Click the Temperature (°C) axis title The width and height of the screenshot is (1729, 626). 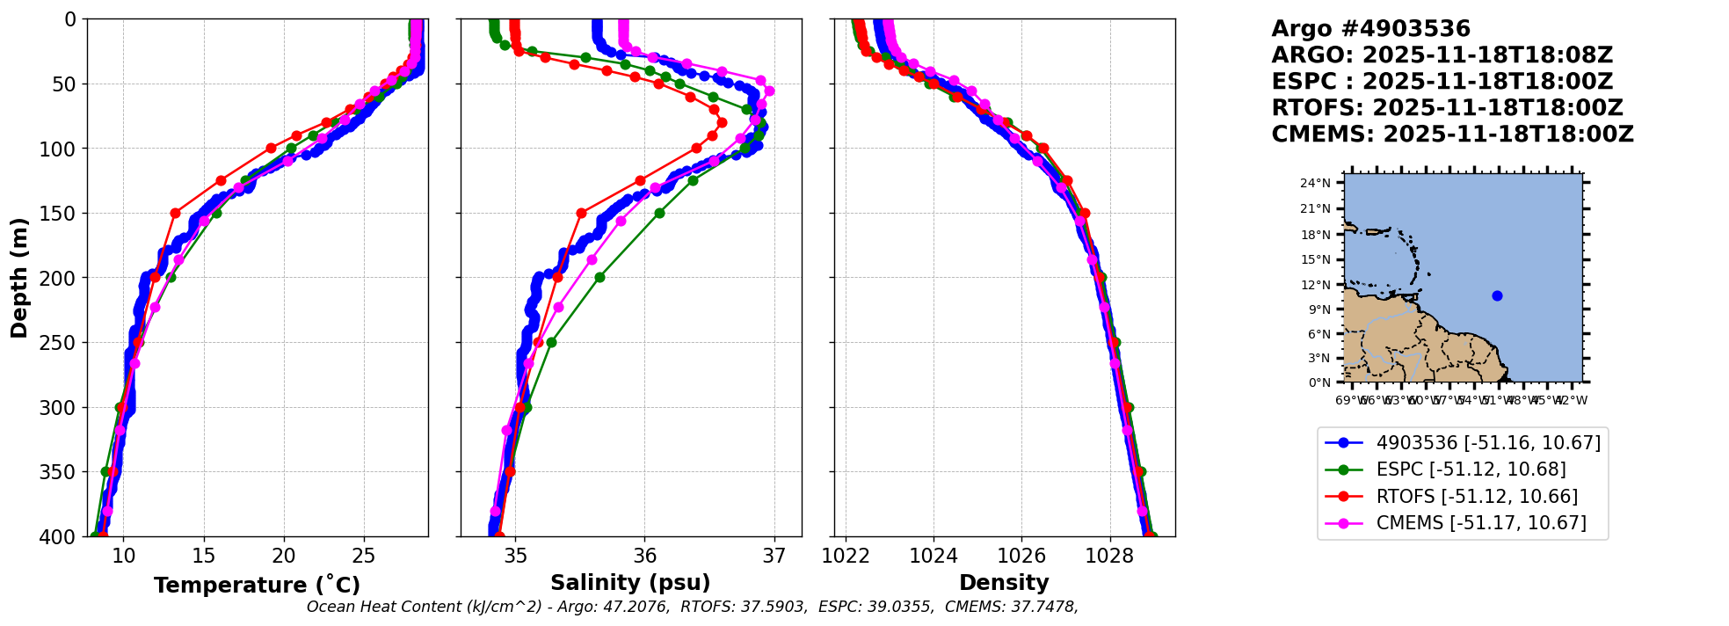(257, 586)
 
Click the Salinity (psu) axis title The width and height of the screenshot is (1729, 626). (630, 583)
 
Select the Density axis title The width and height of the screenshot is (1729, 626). (1004, 583)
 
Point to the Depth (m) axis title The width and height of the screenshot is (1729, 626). (19, 278)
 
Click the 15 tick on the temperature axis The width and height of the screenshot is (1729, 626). (204, 556)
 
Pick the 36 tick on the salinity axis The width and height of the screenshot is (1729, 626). (644, 556)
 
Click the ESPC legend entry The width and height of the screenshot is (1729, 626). (1471, 469)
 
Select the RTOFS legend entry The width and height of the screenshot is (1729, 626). (1477, 497)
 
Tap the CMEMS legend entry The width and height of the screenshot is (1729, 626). (1481, 523)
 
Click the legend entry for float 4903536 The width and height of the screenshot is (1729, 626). (1488, 443)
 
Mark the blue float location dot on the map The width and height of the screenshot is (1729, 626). (1497, 295)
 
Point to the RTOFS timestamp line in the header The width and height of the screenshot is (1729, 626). (1447, 108)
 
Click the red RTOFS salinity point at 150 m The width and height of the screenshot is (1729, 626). (581, 213)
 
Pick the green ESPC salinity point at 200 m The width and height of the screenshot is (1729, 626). (599, 277)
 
